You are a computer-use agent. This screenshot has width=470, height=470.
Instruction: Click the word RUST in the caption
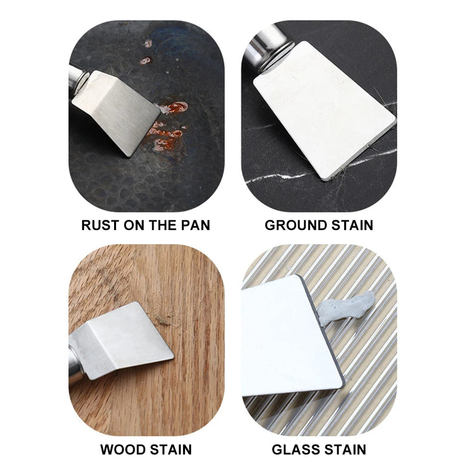point(100,225)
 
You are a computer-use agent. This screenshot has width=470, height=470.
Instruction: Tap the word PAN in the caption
point(195,225)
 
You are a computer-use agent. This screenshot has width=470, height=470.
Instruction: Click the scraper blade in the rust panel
point(117,113)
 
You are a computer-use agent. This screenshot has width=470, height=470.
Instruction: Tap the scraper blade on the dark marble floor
point(323,108)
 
